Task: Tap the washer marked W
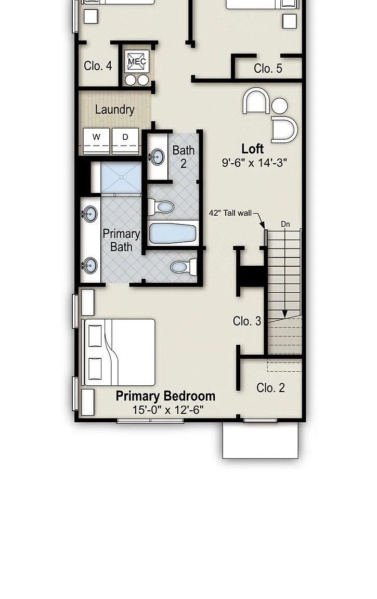point(97,140)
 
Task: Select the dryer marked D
point(125,140)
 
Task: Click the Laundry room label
point(114,110)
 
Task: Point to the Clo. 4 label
point(98,66)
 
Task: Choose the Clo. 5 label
point(268,68)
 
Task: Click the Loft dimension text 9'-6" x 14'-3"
point(255,163)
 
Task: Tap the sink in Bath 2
point(156,157)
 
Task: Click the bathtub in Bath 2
point(173,233)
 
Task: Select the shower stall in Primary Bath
point(121,178)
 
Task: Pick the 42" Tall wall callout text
point(230,213)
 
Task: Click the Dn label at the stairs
point(285,224)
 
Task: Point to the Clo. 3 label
point(247,321)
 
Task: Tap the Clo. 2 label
point(270,387)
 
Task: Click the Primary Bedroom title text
point(165,396)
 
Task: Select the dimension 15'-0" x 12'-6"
point(167,410)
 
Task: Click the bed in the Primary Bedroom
point(119,352)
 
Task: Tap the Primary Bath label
point(121,240)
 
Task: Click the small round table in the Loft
point(280,106)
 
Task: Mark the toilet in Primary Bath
point(182,267)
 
